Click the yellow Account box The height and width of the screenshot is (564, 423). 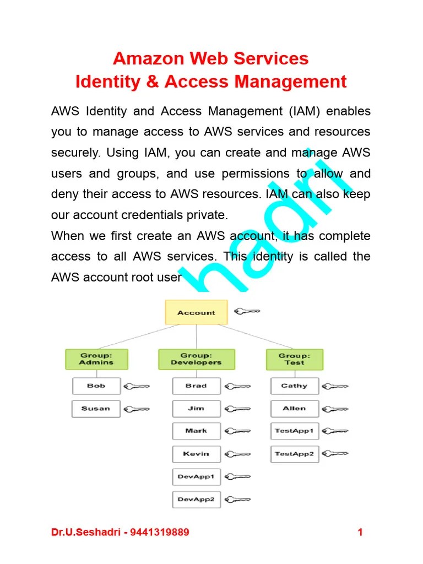196,312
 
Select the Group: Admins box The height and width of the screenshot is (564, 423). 96,359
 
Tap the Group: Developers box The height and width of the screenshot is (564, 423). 196,359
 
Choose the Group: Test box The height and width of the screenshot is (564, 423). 294,359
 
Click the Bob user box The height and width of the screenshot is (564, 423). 96,386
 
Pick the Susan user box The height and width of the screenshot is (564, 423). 96,409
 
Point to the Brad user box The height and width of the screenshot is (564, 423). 196,386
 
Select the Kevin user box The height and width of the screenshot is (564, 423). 196,454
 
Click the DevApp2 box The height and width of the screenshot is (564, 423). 196,500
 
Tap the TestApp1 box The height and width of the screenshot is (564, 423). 294,431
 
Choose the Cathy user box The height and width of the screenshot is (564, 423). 294,386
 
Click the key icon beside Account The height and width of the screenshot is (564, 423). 247,312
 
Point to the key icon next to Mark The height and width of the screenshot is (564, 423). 238,431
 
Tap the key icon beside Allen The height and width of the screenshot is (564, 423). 335,409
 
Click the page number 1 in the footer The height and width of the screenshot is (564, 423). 360,532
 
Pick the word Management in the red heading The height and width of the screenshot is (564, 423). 291,82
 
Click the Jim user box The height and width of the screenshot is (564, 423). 196,409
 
